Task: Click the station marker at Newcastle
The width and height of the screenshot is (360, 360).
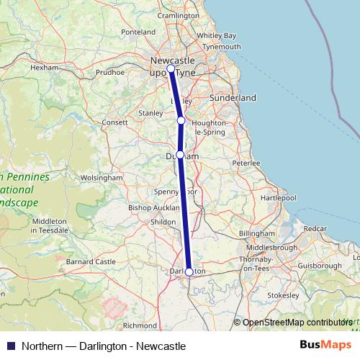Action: click(x=171, y=69)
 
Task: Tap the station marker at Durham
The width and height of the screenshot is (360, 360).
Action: click(x=180, y=155)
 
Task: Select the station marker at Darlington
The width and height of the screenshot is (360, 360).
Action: click(x=189, y=271)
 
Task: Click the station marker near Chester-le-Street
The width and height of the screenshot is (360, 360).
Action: click(x=181, y=120)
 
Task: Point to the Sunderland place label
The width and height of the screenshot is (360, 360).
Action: click(x=232, y=97)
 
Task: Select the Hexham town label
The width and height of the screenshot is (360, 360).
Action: click(x=45, y=68)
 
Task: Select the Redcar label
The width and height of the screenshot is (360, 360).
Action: click(x=315, y=228)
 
